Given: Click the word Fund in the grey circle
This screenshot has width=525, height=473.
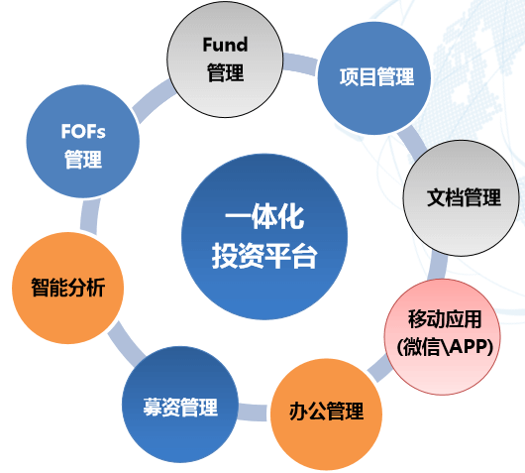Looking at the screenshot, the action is click(225, 45).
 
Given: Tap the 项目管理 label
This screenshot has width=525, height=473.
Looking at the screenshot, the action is click(377, 77).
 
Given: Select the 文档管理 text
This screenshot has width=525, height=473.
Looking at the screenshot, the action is click(464, 197).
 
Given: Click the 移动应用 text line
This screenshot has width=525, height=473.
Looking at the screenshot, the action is click(445, 319).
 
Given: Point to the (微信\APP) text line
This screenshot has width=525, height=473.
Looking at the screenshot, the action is click(445, 347).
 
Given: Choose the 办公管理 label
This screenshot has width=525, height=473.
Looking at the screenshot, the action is click(327, 412).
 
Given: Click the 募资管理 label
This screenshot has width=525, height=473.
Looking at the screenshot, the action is click(180, 408).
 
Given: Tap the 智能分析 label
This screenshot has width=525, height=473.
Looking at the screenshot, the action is click(68, 288).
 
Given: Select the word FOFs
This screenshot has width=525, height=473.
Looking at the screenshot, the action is click(83, 131).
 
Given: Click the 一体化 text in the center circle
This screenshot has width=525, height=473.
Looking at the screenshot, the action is click(264, 216).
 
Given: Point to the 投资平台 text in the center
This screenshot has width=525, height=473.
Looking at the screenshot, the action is click(264, 256).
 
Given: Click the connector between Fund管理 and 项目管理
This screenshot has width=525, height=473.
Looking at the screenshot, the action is click(300, 63).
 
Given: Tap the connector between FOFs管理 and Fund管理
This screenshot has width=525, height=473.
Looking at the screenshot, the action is click(154, 100).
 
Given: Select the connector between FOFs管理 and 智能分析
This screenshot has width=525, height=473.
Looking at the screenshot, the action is click(90, 216).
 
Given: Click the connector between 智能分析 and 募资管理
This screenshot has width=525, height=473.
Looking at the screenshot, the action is click(126, 344).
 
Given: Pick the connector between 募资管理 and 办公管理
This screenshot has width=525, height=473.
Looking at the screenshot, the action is click(254, 412).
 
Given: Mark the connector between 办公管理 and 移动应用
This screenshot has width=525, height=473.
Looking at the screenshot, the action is click(380, 368).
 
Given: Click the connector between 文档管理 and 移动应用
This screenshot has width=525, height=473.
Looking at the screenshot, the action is click(438, 266).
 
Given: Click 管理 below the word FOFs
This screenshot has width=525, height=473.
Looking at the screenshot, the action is click(83, 160).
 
